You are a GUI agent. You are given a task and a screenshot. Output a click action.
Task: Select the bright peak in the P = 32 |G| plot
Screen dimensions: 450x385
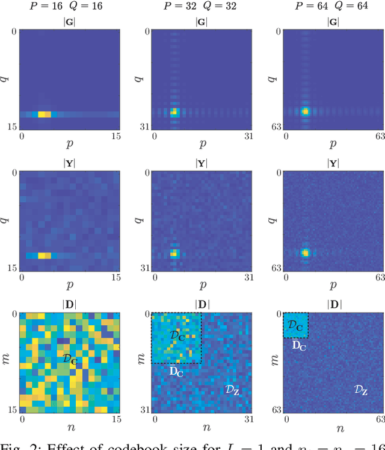174,111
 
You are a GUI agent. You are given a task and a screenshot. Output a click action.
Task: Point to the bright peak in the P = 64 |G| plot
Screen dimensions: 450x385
305,111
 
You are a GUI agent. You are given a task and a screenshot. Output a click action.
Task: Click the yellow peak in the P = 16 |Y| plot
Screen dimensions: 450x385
44,255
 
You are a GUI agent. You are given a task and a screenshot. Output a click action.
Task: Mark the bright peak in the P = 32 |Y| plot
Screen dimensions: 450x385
174,253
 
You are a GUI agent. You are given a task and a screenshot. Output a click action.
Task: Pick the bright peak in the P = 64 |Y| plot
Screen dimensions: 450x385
305,252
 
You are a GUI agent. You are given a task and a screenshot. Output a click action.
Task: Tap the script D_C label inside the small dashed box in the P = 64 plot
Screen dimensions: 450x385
295,325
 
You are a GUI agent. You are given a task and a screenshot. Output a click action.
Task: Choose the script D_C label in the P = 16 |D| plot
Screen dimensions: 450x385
70,358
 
